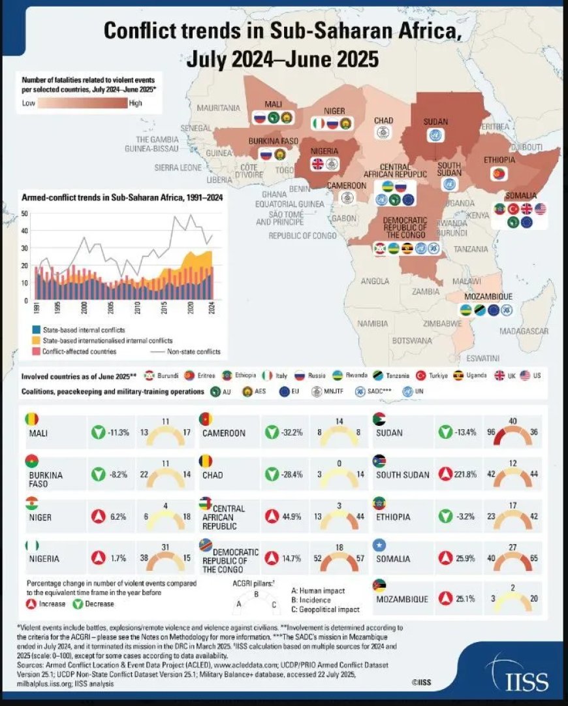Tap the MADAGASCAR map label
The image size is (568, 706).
pos(523,331)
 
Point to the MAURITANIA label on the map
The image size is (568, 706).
pos(218,106)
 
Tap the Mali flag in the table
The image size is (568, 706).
pos(31,419)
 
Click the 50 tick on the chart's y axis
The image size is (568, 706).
pos(24,214)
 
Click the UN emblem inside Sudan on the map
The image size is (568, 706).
pos(431,136)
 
